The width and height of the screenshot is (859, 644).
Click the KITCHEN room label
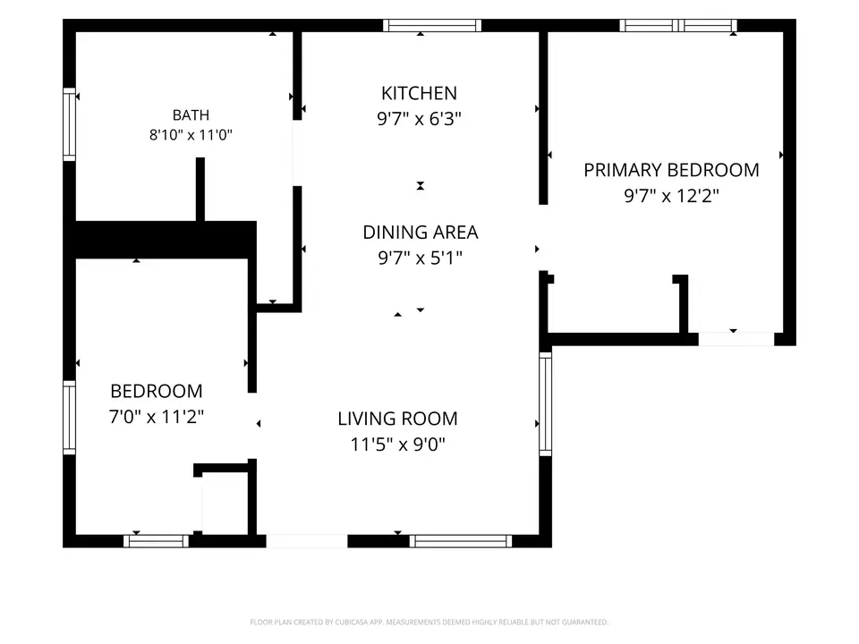tap(419, 93)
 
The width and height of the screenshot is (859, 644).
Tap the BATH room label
tap(191, 115)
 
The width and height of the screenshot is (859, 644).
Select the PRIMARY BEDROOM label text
tap(671, 170)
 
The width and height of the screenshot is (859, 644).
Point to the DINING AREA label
tap(421, 233)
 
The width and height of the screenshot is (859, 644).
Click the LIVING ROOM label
tap(397, 419)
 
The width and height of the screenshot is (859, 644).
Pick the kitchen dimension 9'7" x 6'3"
tap(419, 119)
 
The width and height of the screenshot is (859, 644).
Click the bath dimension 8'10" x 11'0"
tap(191, 135)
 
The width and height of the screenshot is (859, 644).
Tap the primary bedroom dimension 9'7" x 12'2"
tap(671, 196)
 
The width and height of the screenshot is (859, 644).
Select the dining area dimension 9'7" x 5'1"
tap(421, 258)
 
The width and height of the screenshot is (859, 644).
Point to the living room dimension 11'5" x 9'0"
tap(397, 444)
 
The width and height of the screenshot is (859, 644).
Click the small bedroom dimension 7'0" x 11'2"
tap(156, 417)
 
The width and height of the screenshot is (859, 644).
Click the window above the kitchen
tap(432, 25)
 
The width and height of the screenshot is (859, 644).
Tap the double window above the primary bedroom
tap(678, 25)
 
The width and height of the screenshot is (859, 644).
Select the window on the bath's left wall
tap(69, 124)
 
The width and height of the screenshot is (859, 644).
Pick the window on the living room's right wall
tap(546, 404)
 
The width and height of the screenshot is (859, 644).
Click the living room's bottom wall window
tap(461, 541)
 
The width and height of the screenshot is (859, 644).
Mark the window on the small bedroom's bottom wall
tap(156, 541)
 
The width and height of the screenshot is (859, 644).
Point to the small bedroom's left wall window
tap(69, 418)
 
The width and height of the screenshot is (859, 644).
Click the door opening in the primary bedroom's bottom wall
tap(736, 339)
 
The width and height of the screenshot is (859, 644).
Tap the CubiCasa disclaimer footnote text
tap(429, 623)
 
